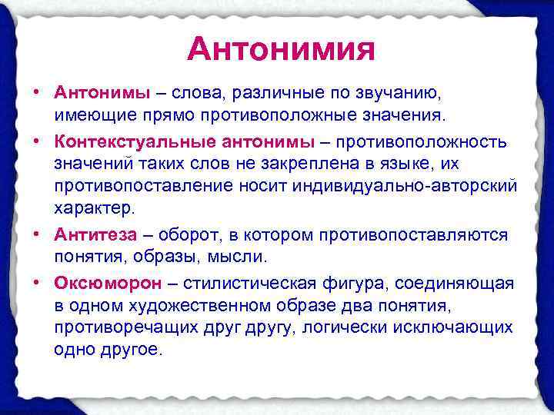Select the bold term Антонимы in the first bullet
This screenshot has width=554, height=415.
(x=102, y=93)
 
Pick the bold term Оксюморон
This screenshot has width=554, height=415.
(x=108, y=283)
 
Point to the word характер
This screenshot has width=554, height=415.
(x=94, y=208)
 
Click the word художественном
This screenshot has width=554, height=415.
(x=193, y=305)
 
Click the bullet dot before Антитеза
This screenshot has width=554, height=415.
(x=38, y=234)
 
